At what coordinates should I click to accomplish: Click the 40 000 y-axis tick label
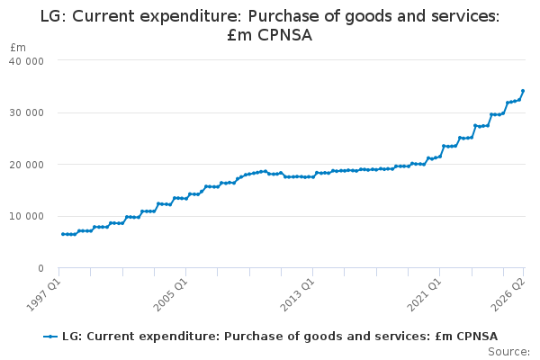(x=26, y=61)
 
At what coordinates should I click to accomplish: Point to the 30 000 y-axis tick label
(x=26, y=113)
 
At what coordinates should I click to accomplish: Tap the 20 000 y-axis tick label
(x=26, y=165)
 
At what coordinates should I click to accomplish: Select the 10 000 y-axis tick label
(x=26, y=216)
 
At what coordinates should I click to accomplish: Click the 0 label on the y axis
(x=41, y=268)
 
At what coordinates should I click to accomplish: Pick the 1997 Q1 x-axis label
(x=44, y=294)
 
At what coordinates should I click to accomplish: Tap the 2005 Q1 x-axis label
(x=170, y=294)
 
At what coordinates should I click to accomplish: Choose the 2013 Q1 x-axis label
(x=297, y=294)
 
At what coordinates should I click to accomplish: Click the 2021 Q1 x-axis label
(x=424, y=294)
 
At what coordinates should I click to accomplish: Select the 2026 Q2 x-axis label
(x=508, y=294)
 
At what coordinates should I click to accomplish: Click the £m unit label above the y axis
(x=18, y=47)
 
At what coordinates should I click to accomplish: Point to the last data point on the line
(x=523, y=91)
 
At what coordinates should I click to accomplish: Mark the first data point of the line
(x=63, y=234)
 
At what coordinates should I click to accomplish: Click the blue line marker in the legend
(x=50, y=337)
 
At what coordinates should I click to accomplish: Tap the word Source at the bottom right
(x=508, y=352)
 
